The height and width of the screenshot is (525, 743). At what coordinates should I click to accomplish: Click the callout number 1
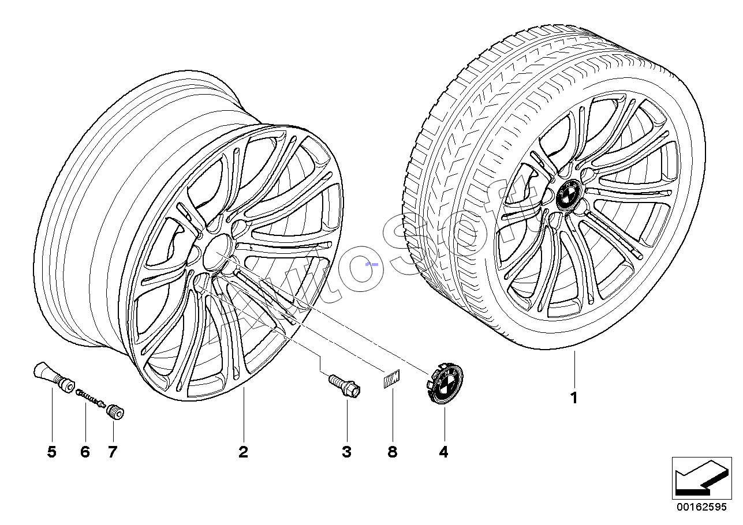pos(574,397)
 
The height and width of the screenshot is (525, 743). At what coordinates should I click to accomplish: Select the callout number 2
pos(243,452)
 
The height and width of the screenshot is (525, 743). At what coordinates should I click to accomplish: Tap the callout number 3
pos(346,452)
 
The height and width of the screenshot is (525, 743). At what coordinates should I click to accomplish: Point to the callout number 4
pos(444,452)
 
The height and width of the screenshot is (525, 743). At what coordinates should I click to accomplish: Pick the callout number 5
pos(52,452)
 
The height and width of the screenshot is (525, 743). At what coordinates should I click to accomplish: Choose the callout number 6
pos(85,452)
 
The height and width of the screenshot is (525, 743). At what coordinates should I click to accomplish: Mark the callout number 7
pos(113,452)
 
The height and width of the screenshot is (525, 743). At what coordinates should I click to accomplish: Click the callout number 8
pos(393,452)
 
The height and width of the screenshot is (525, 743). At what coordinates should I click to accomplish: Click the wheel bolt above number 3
pos(345,386)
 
